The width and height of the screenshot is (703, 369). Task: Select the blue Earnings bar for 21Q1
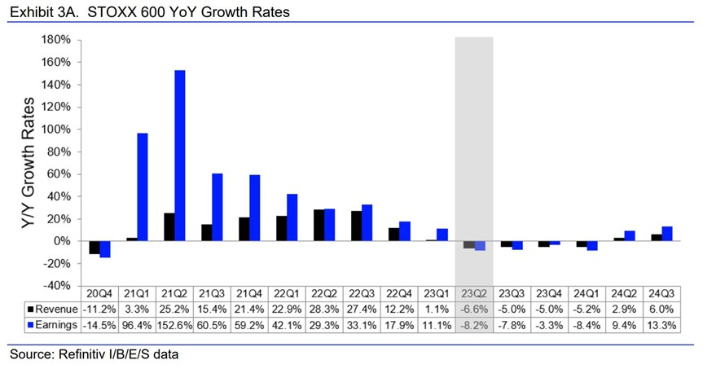click(x=143, y=187)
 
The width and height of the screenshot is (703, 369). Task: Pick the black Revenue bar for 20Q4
click(x=94, y=248)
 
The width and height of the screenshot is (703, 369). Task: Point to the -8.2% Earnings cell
click(x=473, y=324)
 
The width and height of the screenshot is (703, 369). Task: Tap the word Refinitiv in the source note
click(x=89, y=354)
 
